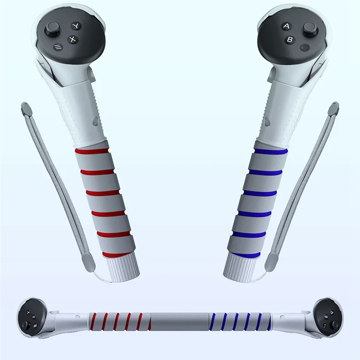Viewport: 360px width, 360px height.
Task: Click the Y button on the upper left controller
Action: coord(76,26)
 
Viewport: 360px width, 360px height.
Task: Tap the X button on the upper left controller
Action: coord(73,40)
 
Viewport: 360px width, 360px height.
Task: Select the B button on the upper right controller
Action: coord(289,40)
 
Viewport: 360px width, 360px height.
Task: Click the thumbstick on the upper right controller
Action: coord(309,29)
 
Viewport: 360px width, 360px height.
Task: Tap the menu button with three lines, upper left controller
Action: coord(58,47)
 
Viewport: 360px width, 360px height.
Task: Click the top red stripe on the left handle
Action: coord(92,151)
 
